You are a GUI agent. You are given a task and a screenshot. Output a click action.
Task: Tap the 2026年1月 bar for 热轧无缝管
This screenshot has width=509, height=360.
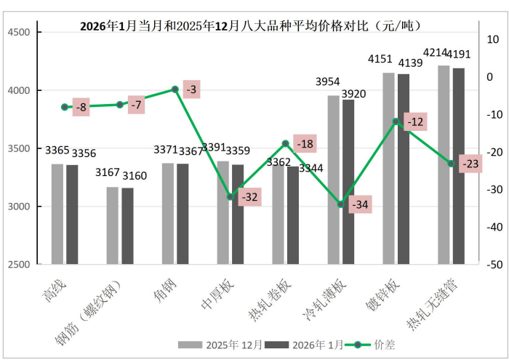459,165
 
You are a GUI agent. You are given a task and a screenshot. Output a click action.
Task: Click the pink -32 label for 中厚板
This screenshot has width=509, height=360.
249,196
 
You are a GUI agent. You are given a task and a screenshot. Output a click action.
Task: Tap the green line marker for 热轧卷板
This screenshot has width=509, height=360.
286,143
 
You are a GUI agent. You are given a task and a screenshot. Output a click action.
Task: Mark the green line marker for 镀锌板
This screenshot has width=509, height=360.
396,121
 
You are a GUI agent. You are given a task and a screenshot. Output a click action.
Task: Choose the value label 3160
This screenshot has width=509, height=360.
135,175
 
